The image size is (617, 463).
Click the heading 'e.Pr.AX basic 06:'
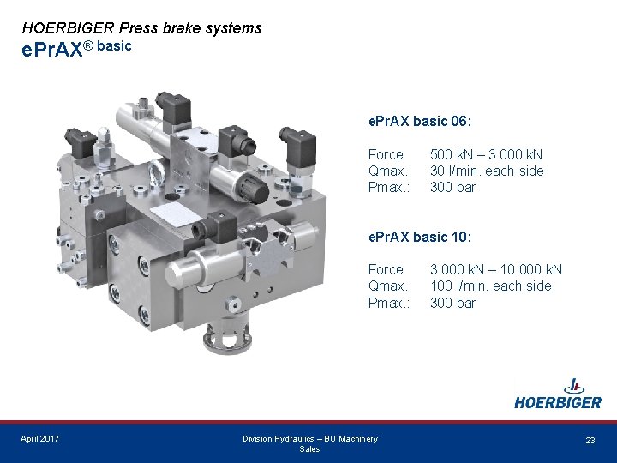pos(420,121)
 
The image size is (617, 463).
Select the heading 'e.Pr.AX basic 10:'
pos(420,236)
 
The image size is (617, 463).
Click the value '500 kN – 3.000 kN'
pos(486,154)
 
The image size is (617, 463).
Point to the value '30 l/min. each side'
pos(486,171)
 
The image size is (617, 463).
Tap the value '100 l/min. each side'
pos(490,286)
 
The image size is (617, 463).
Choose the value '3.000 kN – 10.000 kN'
pos(496,269)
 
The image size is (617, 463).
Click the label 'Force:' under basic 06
pos(386,154)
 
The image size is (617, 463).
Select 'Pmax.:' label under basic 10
pos(388,303)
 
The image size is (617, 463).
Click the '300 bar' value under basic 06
pos(452,187)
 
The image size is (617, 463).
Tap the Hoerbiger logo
pos(558,395)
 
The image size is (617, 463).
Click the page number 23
pos(590,440)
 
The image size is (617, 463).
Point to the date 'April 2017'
pos(40,439)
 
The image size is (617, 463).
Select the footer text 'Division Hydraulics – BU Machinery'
pos(309,439)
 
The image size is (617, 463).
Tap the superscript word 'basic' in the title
pos(115,45)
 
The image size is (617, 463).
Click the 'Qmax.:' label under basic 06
pos(390,171)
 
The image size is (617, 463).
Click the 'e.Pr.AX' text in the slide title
pos(51,50)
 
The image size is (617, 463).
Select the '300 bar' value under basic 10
pos(452,303)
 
